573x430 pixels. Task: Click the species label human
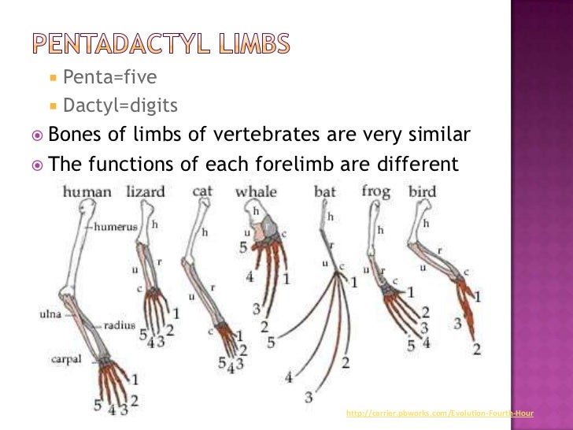(87, 191)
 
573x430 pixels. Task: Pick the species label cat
(203, 191)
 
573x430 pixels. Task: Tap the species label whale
(256, 191)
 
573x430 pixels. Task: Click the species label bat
(324, 191)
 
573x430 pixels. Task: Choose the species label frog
(375, 191)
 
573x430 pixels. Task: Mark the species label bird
(422, 191)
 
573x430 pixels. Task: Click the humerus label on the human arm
(116, 226)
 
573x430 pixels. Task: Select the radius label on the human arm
(119, 324)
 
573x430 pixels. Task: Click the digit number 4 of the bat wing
(289, 377)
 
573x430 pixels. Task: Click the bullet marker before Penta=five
(53, 77)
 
